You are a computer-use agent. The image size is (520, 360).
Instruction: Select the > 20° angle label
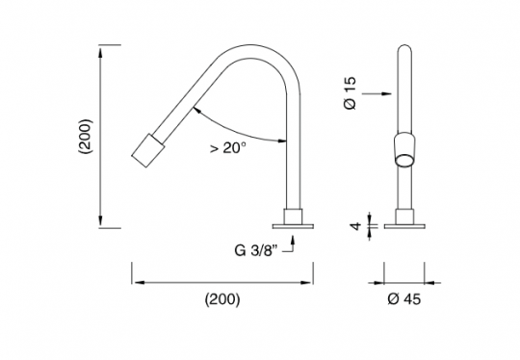pyautogui.click(x=227, y=148)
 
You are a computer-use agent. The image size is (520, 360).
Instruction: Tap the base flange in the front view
pyautogui.click(x=407, y=227)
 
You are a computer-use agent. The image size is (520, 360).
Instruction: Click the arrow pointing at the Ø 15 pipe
pyautogui.click(x=388, y=93)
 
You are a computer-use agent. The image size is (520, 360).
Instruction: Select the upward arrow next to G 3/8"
pyautogui.click(x=292, y=246)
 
